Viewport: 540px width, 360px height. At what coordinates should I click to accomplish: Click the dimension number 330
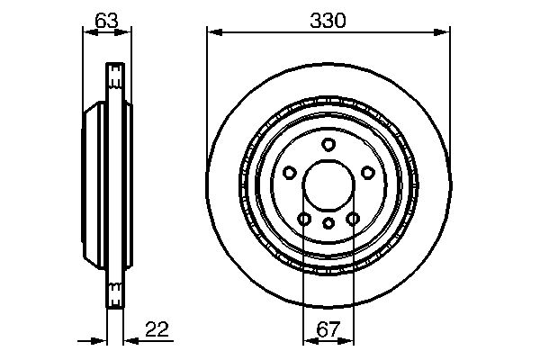tap(328, 20)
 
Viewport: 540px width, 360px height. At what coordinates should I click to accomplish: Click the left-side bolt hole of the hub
tap(289, 173)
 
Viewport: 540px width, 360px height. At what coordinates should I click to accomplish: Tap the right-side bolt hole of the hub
tap(368, 173)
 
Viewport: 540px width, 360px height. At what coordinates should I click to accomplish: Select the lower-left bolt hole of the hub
tap(304, 219)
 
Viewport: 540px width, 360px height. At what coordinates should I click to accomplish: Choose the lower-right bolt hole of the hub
tap(353, 219)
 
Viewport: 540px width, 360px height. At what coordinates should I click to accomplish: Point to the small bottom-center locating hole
tap(328, 222)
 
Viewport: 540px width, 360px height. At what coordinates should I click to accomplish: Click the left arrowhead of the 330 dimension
tap(213, 33)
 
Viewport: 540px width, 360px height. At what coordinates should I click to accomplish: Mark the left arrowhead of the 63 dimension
tap(86, 33)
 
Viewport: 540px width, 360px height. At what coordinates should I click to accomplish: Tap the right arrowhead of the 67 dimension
tap(350, 340)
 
